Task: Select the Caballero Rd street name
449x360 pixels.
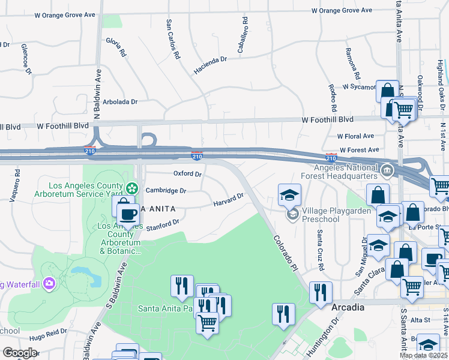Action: point(243,40)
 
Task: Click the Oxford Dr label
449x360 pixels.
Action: point(187,173)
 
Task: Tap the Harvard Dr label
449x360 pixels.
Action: point(228,200)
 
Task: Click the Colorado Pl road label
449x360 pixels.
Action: point(286,251)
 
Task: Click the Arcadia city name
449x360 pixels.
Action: point(348,307)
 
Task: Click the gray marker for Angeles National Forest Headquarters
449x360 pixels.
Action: point(388,171)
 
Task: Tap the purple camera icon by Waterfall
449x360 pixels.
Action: point(49,283)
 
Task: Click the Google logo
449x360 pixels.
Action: point(20,353)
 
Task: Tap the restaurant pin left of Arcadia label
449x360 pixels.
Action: point(321,292)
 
